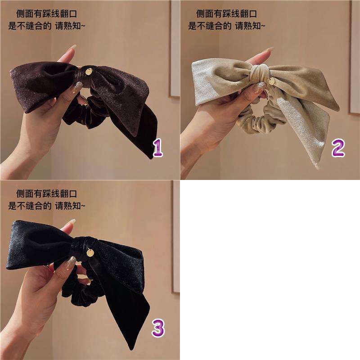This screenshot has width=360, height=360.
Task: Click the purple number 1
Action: pyautogui.click(x=158, y=148)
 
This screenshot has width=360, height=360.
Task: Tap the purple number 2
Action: pyautogui.click(x=338, y=148)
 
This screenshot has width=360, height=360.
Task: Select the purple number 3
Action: pyautogui.click(x=158, y=328)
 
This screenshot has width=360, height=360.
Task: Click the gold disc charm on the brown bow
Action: pyautogui.click(x=89, y=72)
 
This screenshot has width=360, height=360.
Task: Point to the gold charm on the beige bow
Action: pyautogui.click(x=271, y=81)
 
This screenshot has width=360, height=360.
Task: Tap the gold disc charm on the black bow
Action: pyautogui.click(x=90, y=253)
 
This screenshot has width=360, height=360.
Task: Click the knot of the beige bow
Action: pyautogui.click(x=259, y=73)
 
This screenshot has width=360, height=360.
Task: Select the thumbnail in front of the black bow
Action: pyautogui.click(x=70, y=262)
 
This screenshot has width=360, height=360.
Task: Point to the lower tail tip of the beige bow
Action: pyautogui.click(x=318, y=167)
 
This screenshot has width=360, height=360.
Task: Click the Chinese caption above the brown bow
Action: pyautogui.click(x=47, y=20)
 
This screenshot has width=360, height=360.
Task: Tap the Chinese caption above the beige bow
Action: pyautogui.click(x=227, y=20)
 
